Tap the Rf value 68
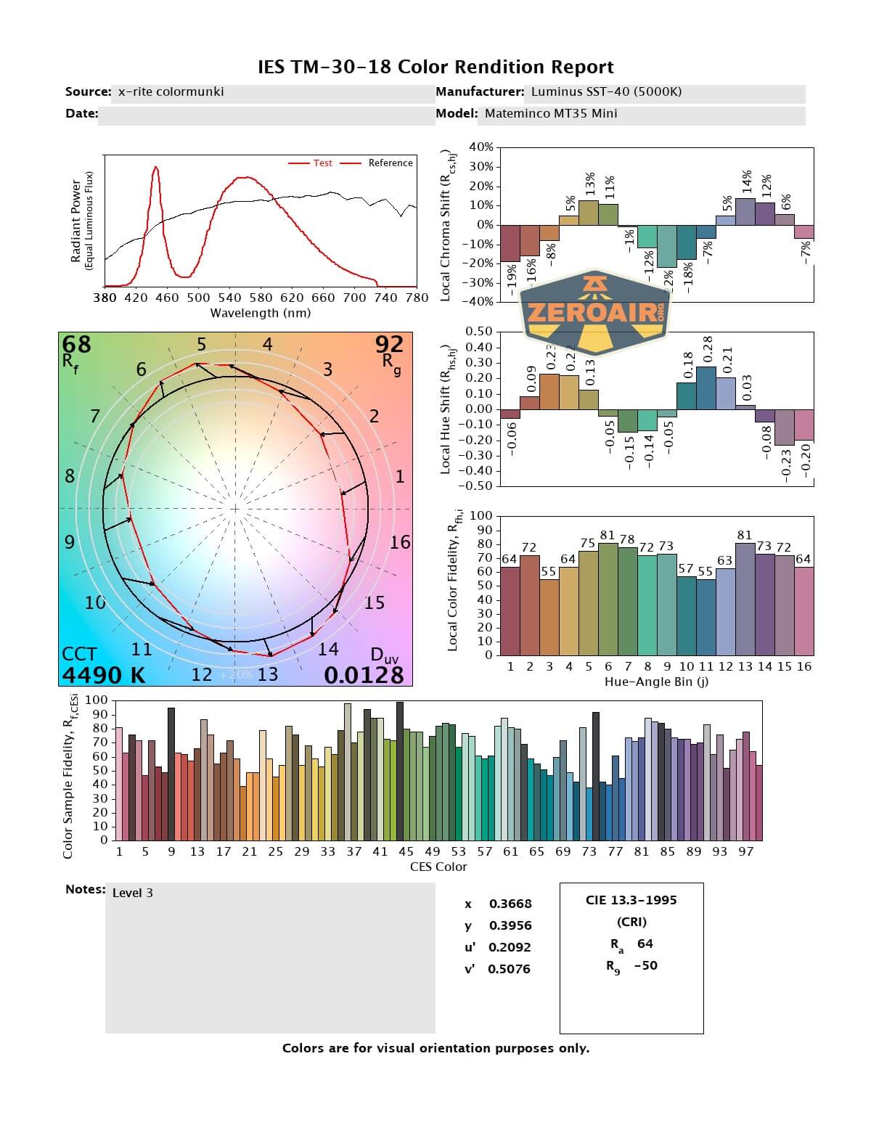[x=76, y=344]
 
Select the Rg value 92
[x=389, y=343]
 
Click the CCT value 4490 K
[x=103, y=675]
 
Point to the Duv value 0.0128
[x=364, y=675]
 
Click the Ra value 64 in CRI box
[x=645, y=944]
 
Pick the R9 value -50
[x=645, y=965]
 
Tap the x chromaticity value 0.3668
[x=510, y=904]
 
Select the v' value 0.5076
[x=509, y=969]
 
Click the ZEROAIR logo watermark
[x=595, y=313]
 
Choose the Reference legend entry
[x=390, y=163]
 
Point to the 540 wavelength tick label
[x=229, y=298]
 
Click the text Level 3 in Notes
[x=133, y=893]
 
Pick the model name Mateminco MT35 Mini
[x=551, y=113]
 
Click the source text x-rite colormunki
[x=171, y=91]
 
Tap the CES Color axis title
[x=438, y=867]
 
